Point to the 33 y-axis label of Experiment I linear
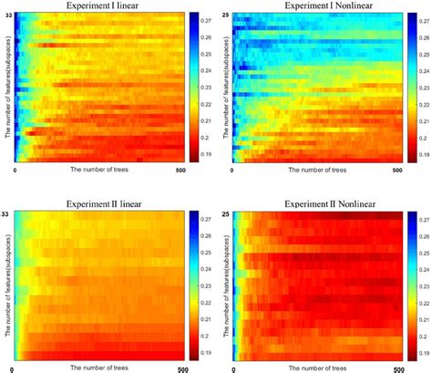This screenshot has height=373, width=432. pyautogui.click(x=7, y=16)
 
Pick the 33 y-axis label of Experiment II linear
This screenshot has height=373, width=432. pyautogui.click(x=7, y=213)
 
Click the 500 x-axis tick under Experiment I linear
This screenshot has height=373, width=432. pyautogui.click(x=180, y=171)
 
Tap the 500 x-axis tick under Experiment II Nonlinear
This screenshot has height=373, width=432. pyautogui.click(x=398, y=369)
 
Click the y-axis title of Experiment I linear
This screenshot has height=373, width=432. pyautogui.click(x=7, y=91)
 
